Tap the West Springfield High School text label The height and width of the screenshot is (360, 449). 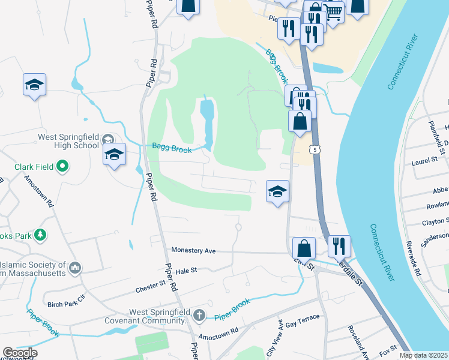tap(68, 141)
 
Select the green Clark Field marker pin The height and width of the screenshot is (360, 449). tap(62, 166)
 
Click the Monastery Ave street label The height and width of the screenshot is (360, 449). tap(193, 250)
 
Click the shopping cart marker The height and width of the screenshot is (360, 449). tap(333, 10)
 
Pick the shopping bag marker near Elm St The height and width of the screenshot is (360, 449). tap(304, 248)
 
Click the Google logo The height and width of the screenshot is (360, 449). tap(20, 353)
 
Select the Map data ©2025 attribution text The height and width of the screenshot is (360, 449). tap(423, 355)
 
